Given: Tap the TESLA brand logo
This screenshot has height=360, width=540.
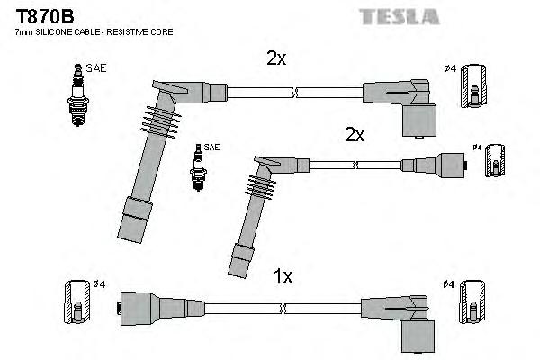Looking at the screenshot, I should [x=399, y=16].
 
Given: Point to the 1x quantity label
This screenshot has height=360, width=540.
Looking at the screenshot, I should [x=283, y=277].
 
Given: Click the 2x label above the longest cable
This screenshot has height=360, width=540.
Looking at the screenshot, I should [x=275, y=58].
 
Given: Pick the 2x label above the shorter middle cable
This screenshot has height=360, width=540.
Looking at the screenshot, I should [x=355, y=134].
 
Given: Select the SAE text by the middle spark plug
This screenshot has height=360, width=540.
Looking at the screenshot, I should [x=211, y=146].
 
